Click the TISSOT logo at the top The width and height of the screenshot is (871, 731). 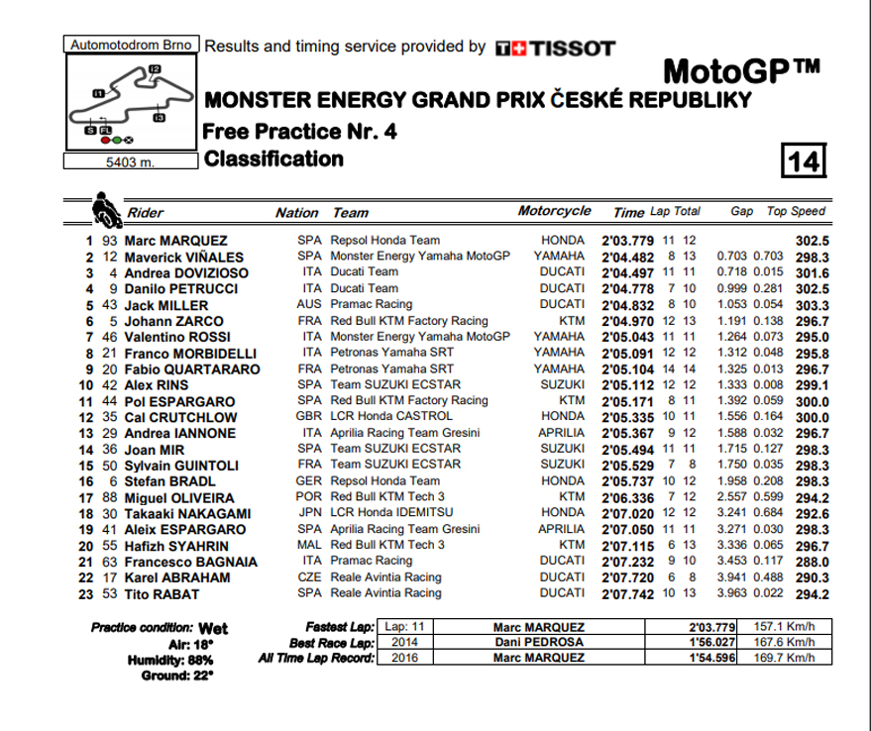[x=555, y=48]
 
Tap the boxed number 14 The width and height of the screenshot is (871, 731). [x=805, y=159]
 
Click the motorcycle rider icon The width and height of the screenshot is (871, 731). [x=106, y=211]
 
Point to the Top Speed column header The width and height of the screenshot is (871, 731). [x=796, y=211]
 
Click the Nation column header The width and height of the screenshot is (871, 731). [x=296, y=212]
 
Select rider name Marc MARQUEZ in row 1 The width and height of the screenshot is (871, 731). [x=175, y=241]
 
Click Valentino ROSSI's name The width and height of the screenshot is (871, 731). [x=176, y=337]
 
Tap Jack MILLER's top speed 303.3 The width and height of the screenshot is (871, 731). [x=812, y=305]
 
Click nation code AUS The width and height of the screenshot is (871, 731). [x=309, y=305]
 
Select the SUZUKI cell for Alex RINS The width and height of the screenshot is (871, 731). [x=563, y=385]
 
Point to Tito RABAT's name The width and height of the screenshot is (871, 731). [x=162, y=594]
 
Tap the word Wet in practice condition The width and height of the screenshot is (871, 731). [x=213, y=628]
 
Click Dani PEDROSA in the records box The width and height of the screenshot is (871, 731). [x=539, y=642]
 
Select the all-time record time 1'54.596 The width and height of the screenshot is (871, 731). [x=712, y=658]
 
